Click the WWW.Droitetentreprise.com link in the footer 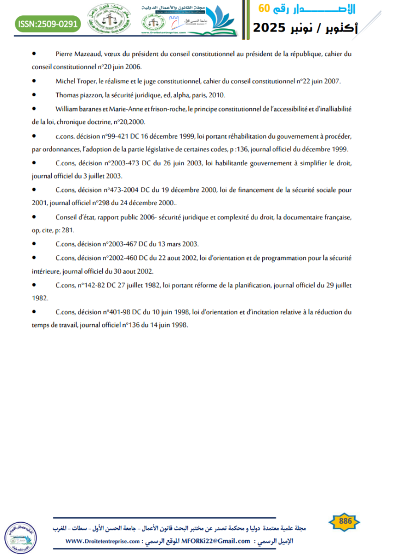(x=104, y=541)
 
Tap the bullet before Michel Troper (x=34, y=81)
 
